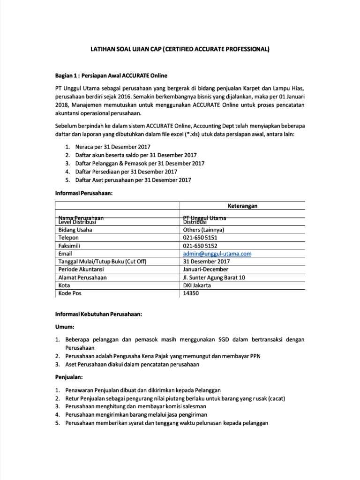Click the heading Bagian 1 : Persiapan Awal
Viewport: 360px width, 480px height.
[x=111, y=75]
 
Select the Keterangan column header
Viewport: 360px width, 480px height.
[x=243, y=205]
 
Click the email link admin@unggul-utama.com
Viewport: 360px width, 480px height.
[x=217, y=254]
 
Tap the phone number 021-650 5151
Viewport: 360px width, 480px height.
[x=200, y=238]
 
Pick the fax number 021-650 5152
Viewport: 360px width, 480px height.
[x=200, y=246]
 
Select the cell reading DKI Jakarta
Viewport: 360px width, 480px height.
[x=197, y=285]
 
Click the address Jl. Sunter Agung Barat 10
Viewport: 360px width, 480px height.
[x=214, y=277]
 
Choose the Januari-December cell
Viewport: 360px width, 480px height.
[x=206, y=270]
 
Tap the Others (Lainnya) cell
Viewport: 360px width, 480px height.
[x=203, y=230]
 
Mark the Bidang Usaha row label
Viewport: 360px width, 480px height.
[x=75, y=230]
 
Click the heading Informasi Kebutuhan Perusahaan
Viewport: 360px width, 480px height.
[x=102, y=315]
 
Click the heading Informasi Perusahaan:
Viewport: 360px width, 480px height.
[x=84, y=193]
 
